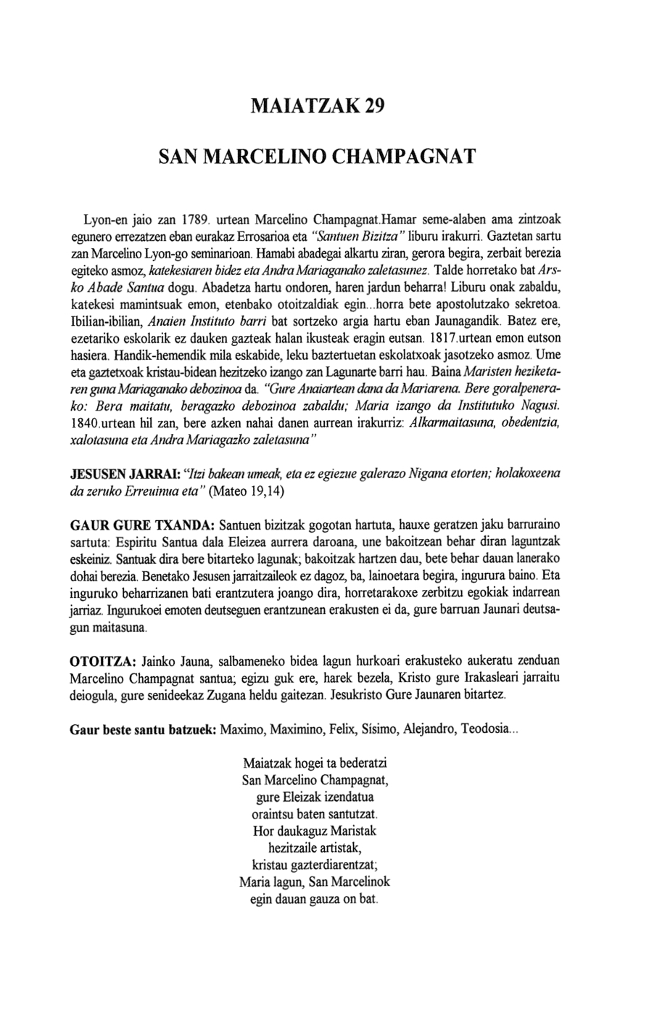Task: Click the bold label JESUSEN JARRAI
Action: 124,474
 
